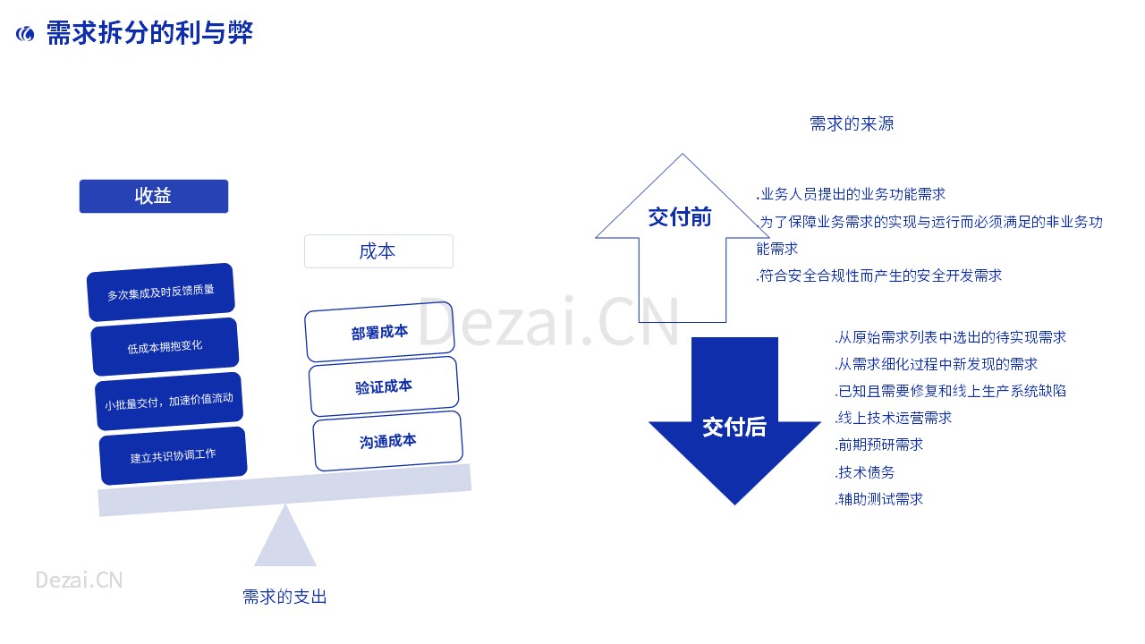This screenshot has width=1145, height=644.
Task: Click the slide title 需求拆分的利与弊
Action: (x=149, y=33)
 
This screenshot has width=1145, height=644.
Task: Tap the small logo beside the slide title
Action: (x=25, y=34)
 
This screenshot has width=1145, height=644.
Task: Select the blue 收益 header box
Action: (x=153, y=196)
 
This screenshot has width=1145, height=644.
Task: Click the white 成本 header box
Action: (x=378, y=251)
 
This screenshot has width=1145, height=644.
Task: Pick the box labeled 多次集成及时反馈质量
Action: (x=160, y=292)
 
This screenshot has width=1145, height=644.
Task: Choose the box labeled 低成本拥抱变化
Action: (x=165, y=347)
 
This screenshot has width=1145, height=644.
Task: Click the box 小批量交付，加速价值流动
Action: (x=169, y=402)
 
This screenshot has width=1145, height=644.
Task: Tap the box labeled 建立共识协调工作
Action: (x=173, y=456)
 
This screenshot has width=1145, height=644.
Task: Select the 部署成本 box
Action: (x=379, y=332)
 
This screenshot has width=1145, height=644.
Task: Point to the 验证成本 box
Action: (x=384, y=386)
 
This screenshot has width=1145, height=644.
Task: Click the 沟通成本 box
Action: (x=387, y=441)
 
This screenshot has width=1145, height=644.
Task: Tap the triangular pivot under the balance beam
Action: (x=285, y=536)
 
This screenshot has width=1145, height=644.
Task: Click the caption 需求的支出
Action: (x=284, y=597)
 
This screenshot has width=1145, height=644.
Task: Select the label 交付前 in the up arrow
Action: (x=680, y=217)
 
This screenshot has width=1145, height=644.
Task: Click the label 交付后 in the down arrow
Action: (x=734, y=427)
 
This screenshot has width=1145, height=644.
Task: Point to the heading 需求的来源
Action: (x=852, y=123)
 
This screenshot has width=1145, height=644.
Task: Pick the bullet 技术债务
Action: (x=865, y=472)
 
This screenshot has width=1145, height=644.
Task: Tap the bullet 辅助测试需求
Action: (x=879, y=499)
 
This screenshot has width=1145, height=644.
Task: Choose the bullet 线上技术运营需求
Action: (x=894, y=418)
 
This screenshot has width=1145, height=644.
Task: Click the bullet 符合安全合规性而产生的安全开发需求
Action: (x=879, y=276)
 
